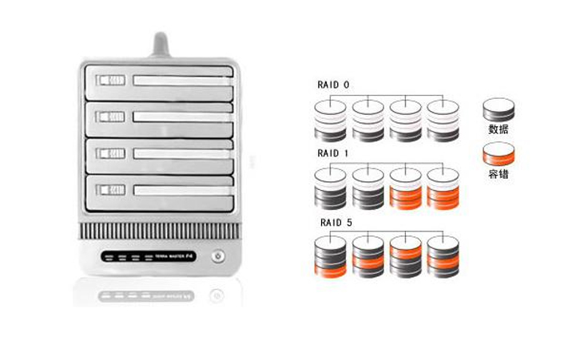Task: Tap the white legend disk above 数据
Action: [499, 110]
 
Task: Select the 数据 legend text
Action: [499, 128]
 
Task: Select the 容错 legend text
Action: [499, 172]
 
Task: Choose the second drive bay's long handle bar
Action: [182, 117]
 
